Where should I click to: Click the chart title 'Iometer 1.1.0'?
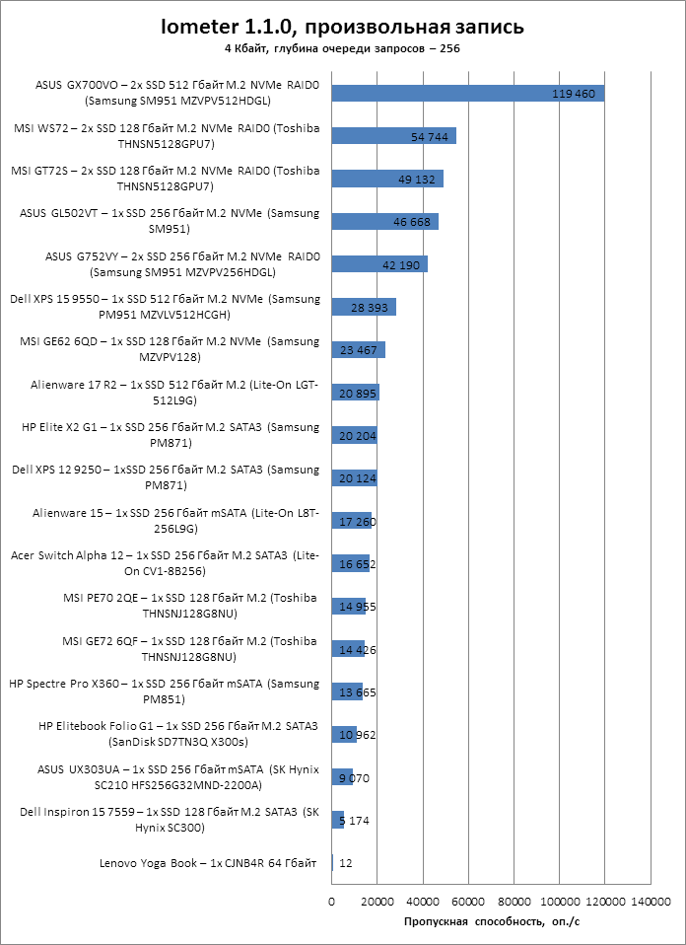point(343,26)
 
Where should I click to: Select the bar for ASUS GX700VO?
point(467,93)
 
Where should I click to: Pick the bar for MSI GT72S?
point(386,179)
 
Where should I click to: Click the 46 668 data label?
point(413,222)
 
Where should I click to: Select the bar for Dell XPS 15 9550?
point(363,307)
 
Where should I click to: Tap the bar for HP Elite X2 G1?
point(354,435)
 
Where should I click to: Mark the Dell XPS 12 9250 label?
point(165,477)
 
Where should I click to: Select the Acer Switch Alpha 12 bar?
point(350,563)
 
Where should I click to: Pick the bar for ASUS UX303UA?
point(342,777)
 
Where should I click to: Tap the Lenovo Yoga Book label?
point(207,863)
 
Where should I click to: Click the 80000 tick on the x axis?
point(514,902)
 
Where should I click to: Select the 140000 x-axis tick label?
point(651,902)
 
